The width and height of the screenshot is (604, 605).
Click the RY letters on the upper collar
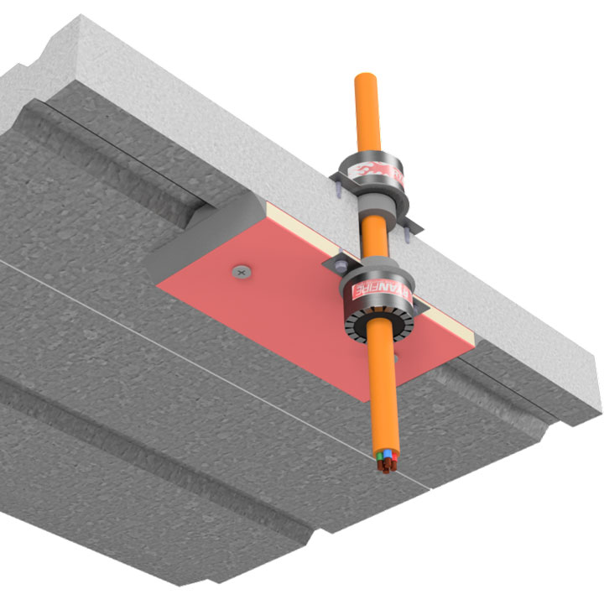(x=400, y=179)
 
